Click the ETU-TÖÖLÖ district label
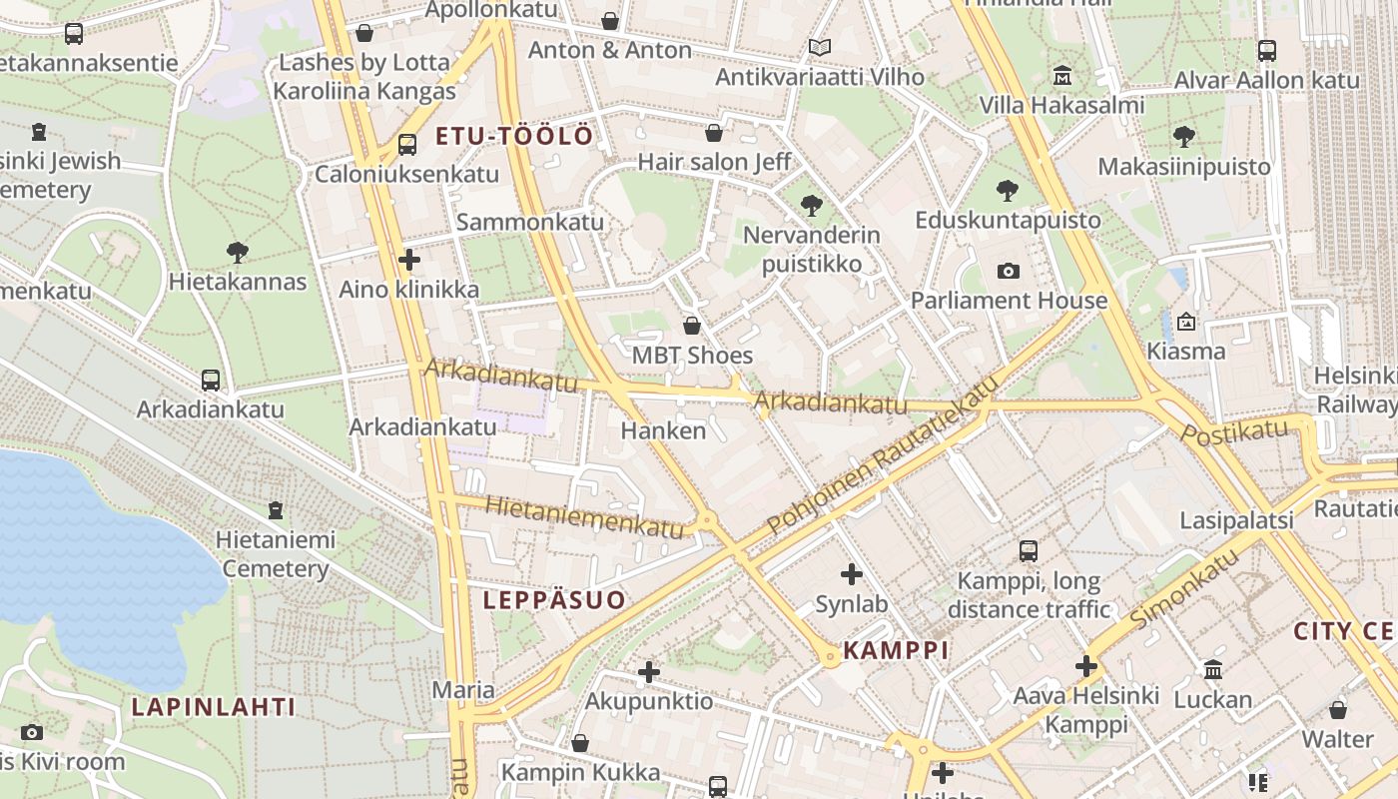point(514,136)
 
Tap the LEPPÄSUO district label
point(554,599)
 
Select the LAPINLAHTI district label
point(214,707)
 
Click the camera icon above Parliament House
point(1009,271)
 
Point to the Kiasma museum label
point(1186,351)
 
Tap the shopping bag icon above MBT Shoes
point(692,326)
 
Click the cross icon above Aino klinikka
point(408,260)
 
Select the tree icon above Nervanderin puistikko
point(811,206)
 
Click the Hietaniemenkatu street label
point(584,516)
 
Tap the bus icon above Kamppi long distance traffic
point(1029,550)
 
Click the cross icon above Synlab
point(851,574)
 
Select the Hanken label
point(663,430)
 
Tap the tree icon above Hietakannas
point(237,252)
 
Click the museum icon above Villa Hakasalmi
point(1061,76)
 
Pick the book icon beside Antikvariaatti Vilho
point(819,47)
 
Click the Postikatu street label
point(1235,431)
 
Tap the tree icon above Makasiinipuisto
point(1184,136)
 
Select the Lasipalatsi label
point(1236,520)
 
